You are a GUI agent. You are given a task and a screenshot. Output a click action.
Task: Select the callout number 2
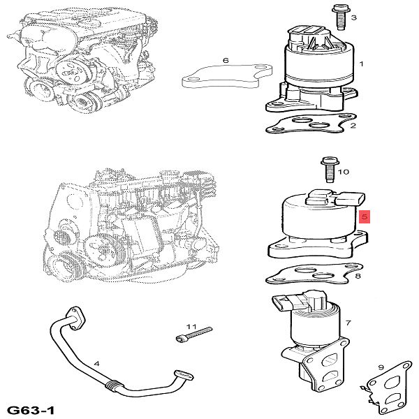click(353, 126)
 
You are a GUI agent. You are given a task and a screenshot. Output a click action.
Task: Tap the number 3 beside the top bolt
click(353, 17)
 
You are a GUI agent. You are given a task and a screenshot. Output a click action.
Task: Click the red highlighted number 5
click(363, 216)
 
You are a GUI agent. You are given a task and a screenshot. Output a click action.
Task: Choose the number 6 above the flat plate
click(226, 61)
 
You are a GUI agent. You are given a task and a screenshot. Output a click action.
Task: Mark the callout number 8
click(358, 277)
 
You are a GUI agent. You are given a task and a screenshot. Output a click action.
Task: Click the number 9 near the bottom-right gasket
click(381, 367)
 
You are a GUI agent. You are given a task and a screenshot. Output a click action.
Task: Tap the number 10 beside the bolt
click(344, 172)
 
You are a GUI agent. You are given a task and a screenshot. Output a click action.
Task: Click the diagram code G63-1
click(31, 409)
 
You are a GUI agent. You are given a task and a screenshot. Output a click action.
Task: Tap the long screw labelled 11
click(193, 337)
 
